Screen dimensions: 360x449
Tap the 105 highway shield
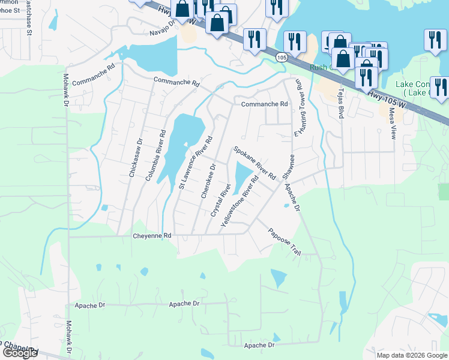[x=282, y=56]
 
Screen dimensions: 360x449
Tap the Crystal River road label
[x=221, y=201]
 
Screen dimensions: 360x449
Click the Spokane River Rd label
[x=254, y=163]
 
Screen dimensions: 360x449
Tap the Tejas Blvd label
[x=340, y=101]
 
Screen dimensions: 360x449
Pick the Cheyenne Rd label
[x=152, y=236]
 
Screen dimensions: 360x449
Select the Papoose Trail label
[x=284, y=242]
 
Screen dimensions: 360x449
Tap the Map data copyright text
[x=412, y=355]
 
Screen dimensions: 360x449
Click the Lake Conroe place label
[x=420, y=88]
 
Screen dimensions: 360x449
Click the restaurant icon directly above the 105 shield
[x=255, y=40]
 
